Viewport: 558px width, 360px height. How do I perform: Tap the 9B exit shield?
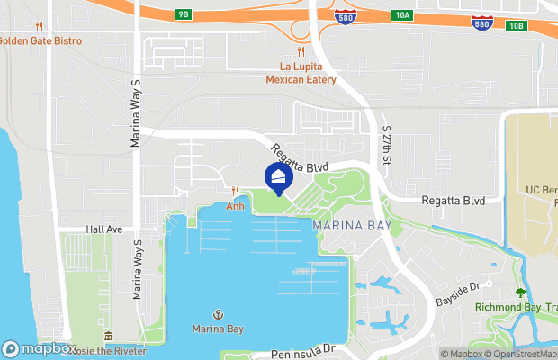(184, 14)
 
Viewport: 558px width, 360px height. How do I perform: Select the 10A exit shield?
(402, 15)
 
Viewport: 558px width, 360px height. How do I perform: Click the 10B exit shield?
(515, 25)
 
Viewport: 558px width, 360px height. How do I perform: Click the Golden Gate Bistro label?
(40, 41)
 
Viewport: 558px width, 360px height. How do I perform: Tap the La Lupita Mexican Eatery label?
(301, 73)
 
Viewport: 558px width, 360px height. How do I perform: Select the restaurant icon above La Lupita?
(301, 52)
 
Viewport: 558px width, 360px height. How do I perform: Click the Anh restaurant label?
(235, 205)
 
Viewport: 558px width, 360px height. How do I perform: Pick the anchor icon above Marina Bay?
(218, 314)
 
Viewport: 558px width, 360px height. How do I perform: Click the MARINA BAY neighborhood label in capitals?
(352, 225)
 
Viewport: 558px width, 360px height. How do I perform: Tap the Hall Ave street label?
(103, 229)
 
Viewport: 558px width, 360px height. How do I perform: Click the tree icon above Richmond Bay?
(519, 292)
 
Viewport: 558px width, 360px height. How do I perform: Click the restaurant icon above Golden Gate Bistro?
(40, 27)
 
